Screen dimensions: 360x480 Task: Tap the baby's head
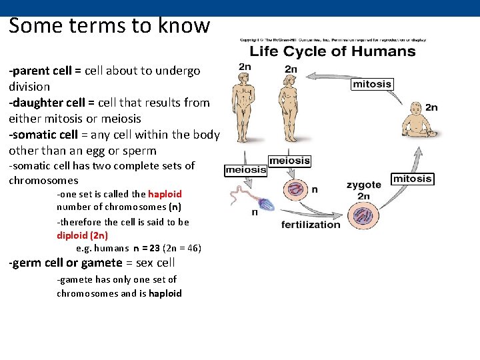[x=413, y=109]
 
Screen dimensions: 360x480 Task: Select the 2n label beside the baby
[x=431, y=107]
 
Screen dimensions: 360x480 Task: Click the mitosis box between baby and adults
[x=372, y=84]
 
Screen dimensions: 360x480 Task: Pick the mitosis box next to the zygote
[x=412, y=179]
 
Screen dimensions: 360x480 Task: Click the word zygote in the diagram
[x=363, y=185]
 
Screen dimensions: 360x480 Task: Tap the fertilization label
[x=311, y=225]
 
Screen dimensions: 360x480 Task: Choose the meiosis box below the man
[x=245, y=170]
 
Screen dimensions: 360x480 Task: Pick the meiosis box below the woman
[x=289, y=161]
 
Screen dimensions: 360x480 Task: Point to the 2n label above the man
[x=245, y=66]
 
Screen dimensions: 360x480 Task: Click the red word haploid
[x=165, y=194]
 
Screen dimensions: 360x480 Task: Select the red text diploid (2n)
[x=82, y=235]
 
